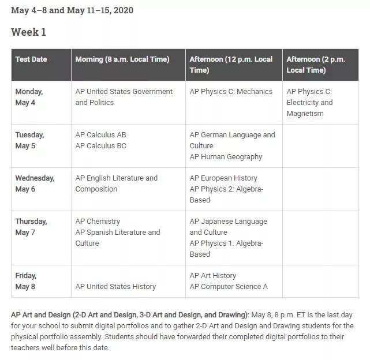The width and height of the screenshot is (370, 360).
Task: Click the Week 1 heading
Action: tap(28, 32)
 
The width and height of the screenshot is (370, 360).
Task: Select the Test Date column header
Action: tap(31, 59)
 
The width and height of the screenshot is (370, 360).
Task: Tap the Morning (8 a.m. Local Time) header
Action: tap(122, 59)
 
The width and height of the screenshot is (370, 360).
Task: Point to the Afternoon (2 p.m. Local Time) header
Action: tap(316, 65)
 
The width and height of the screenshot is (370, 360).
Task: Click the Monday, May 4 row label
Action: tap(29, 97)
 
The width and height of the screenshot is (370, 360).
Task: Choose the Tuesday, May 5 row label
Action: tap(29, 140)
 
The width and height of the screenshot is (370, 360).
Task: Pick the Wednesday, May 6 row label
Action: tap(35, 183)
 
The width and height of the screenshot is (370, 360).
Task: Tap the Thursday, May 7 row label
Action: tap(31, 227)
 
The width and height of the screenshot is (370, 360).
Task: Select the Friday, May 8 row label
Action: tap(25, 281)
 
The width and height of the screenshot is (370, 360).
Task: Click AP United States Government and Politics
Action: tap(124, 97)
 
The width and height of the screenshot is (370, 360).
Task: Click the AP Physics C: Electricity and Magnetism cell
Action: tap(310, 103)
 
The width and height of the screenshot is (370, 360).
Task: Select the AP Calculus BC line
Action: tap(100, 146)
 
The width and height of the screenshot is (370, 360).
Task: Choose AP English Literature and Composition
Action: tap(116, 183)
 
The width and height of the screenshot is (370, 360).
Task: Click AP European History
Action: tap(223, 178)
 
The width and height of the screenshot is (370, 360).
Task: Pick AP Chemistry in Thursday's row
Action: tap(98, 222)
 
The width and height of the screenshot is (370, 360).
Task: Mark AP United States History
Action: tap(115, 287)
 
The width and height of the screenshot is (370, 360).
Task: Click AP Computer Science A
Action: tap(229, 287)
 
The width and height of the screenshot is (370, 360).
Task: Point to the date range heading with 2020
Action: tap(72, 10)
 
